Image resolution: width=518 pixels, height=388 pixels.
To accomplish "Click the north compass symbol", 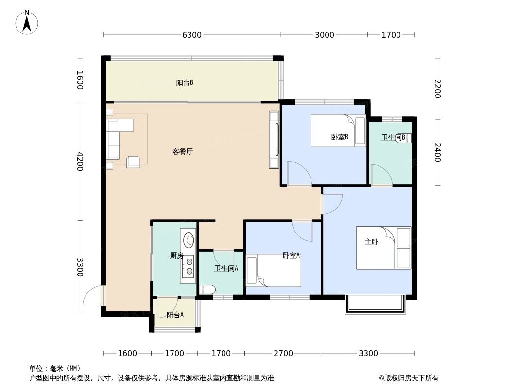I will point(27,22).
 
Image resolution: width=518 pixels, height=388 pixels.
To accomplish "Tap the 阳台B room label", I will point(185,83).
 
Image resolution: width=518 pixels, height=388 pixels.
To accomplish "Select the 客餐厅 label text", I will point(183,151).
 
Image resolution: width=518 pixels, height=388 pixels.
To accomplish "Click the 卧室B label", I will point(340,137).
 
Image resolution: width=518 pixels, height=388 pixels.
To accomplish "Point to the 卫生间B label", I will point(393,138).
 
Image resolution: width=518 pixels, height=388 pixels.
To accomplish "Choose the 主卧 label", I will point(371,242).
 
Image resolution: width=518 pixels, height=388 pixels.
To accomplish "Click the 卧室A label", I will point(292,255).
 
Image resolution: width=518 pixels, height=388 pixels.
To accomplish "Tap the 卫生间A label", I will point(226,268).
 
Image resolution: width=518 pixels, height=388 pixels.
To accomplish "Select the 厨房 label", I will point(176,256).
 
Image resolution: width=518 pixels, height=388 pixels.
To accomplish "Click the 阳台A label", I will point(175,315).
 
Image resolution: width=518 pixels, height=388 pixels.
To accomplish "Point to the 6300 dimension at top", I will point(192,35).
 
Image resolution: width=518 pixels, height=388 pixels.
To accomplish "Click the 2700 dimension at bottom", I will point(283,353).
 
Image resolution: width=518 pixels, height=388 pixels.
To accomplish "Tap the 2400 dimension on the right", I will point(437,152).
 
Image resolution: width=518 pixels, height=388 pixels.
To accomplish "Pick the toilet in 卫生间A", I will point(207,290).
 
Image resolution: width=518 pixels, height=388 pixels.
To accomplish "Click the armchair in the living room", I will point(133,162).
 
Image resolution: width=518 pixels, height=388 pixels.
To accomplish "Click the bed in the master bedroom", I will point(383,248).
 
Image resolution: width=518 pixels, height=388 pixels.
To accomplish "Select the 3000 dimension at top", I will point(324,35).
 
